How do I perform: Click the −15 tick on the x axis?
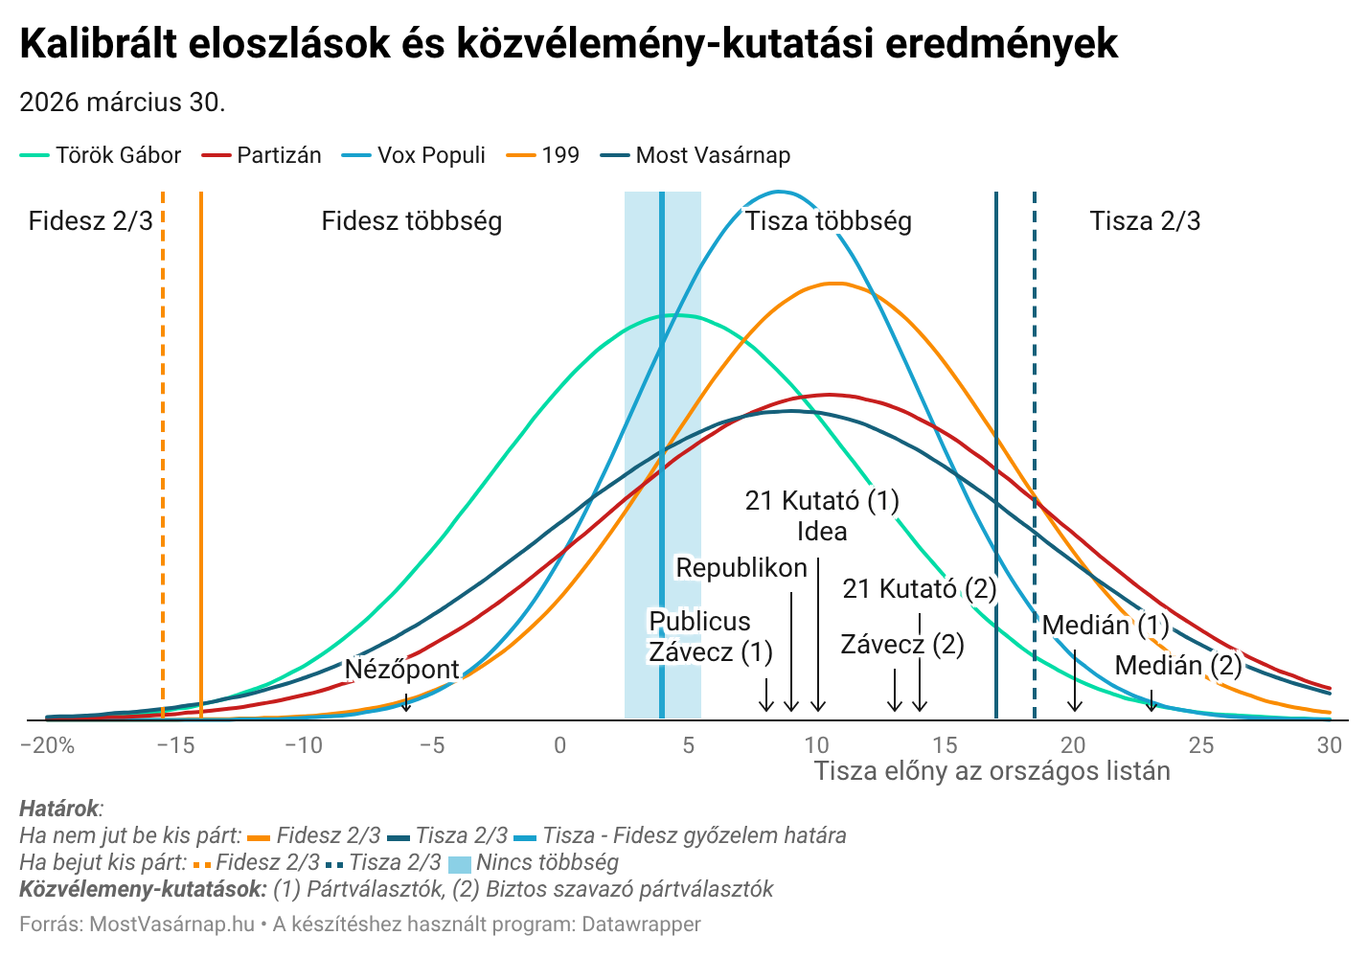(x=174, y=745)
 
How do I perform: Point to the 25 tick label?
(x=1200, y=745)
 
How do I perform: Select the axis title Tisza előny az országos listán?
(x=992, y=771)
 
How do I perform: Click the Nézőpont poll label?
(x=401, y=669)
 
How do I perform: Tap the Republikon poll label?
(x=741, y=568)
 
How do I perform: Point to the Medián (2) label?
(x=1177, y=665)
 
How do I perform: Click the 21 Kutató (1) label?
(x=822, y=500)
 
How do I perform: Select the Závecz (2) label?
(x=902, y=645)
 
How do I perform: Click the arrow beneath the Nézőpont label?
(x=406, y=702)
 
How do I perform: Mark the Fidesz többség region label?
(x=411, y=221)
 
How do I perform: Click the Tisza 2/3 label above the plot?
(x=1145, y=221)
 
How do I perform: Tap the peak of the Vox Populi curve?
(x=779, y=192)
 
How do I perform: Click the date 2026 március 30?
(x=123, y=102)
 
